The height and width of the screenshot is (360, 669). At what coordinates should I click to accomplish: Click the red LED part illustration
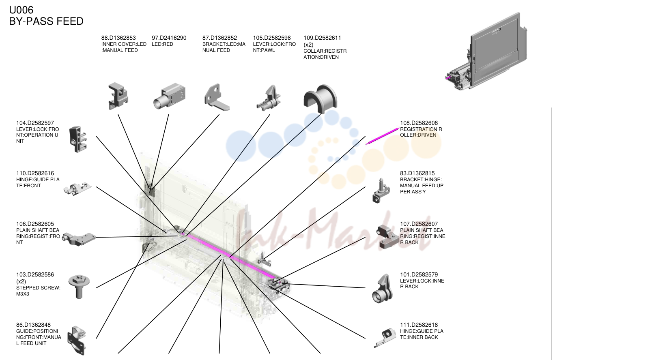[169, 96]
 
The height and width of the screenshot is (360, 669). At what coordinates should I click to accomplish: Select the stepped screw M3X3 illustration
[79, 286]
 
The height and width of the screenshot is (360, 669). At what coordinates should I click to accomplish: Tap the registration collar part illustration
[320, 99]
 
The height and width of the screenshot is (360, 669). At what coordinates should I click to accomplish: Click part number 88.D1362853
[118, 38]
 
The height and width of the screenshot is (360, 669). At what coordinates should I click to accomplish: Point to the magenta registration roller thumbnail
[382, 136]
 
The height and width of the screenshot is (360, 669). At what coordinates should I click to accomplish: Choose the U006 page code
[21, 10]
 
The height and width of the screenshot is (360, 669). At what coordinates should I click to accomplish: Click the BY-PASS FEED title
[46, 21]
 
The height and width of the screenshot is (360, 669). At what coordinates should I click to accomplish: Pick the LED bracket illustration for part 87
[217, 97]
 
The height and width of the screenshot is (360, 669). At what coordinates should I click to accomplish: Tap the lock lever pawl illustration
[269, 98]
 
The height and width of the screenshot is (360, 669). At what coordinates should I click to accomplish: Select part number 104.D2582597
[35, 123]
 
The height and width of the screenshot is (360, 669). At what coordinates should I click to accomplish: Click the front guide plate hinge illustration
[77, 189]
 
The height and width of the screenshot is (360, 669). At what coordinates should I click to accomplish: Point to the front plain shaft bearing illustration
[79, 239]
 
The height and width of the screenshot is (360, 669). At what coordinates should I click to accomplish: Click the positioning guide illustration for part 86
[77, 340]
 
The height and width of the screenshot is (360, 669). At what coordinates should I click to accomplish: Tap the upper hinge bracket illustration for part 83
[381, 191]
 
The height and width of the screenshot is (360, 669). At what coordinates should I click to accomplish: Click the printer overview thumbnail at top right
[486, 51]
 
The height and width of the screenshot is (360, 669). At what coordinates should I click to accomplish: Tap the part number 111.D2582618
[419, 325]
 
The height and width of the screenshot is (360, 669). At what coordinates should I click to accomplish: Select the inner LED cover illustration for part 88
[118, 96]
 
